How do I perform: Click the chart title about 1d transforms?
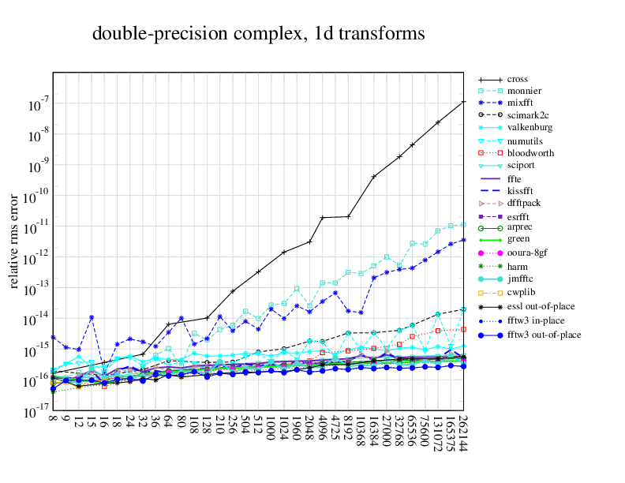click(x=259, y=34)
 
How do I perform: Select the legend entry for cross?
click(x=517, y=79)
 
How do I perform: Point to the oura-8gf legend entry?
click(x=527, y=253)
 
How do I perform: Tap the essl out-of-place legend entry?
click(x=541, y=306)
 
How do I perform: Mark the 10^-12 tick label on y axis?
click(x=36, y=256)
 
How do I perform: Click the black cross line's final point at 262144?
click(x=463, y=102)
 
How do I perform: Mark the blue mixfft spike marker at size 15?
click(x=92, y=317)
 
